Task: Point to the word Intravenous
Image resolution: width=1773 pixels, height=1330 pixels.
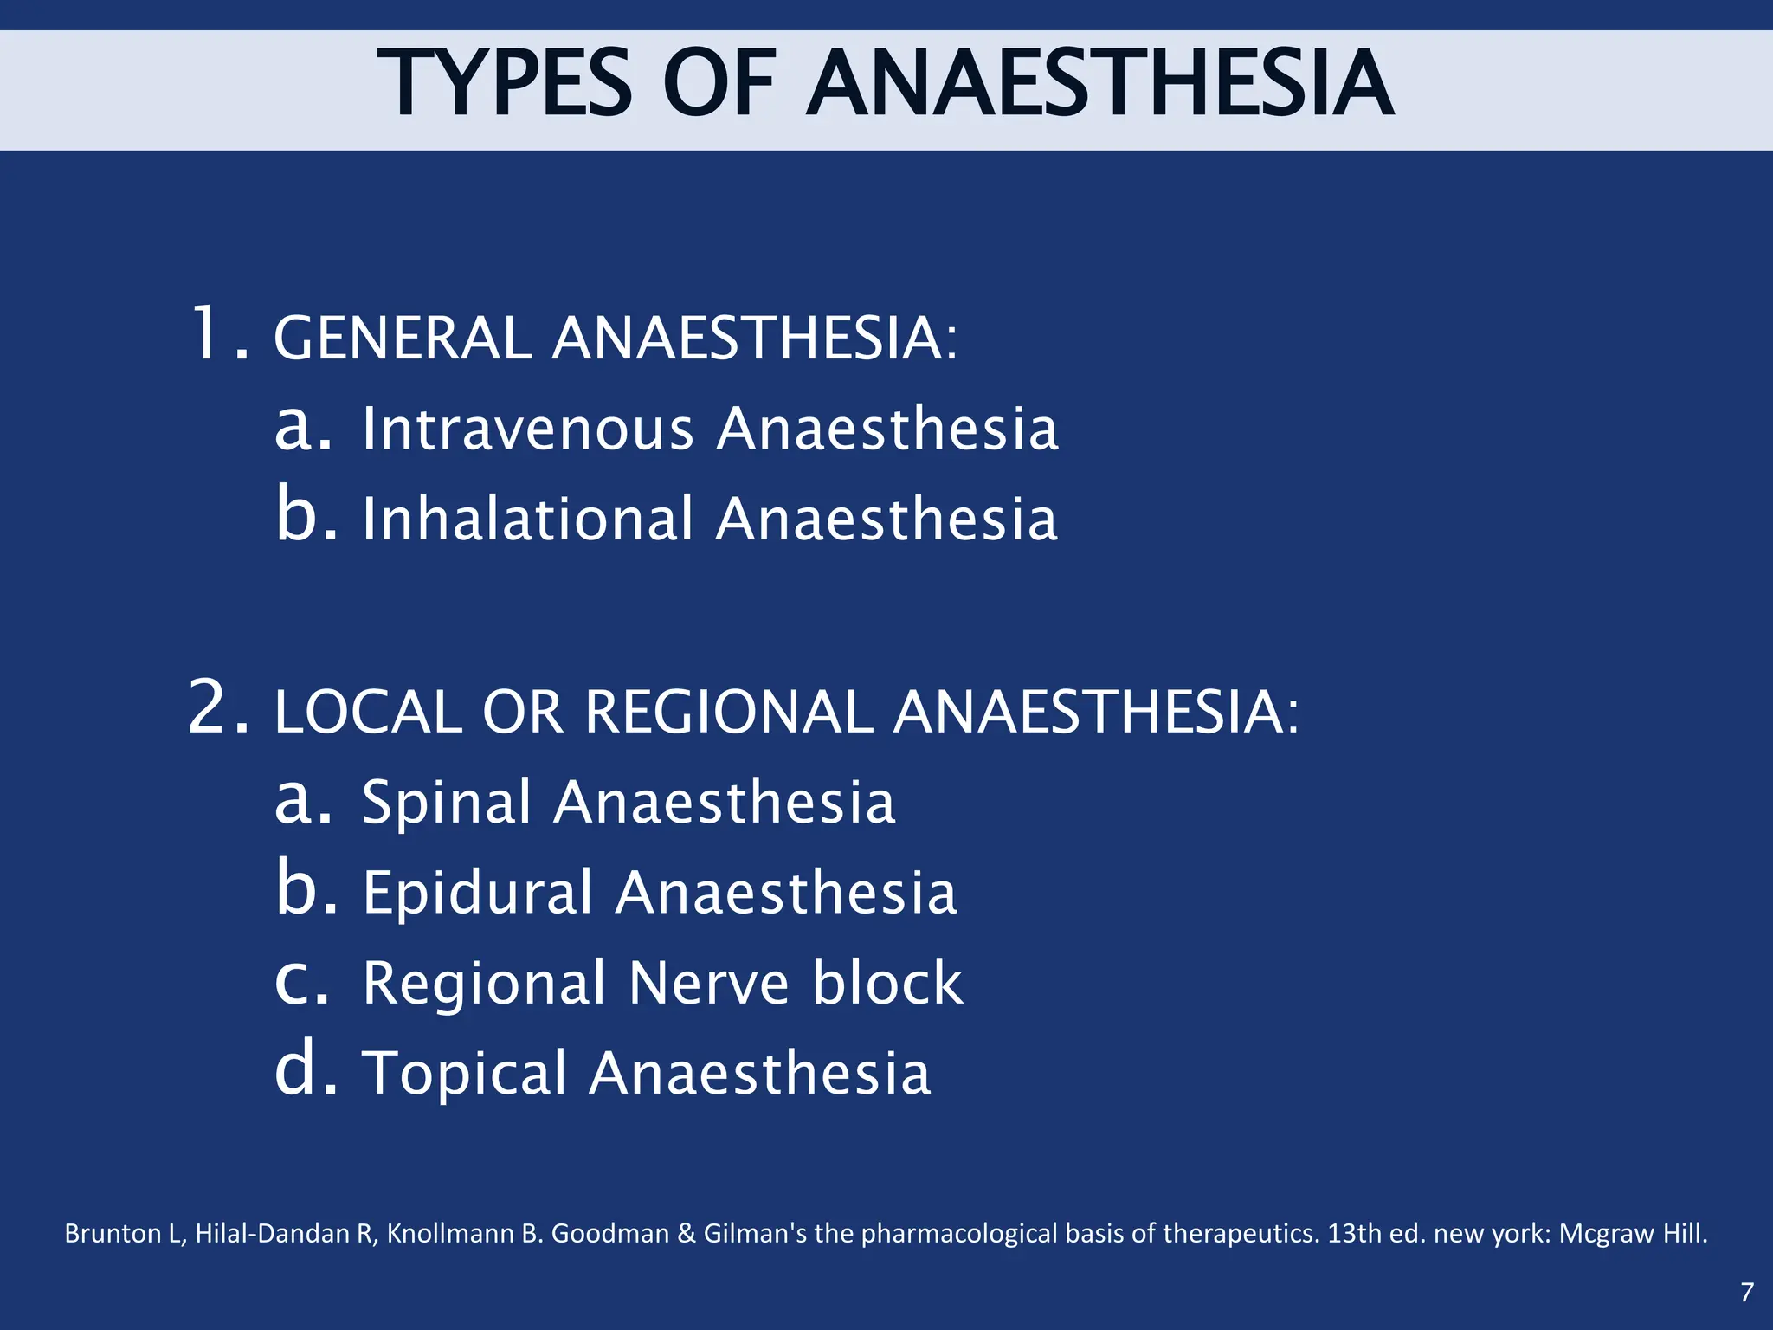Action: coord(528,429)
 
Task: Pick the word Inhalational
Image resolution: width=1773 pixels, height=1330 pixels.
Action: coord(528,520)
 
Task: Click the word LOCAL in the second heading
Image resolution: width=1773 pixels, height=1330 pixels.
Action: coord(368,713)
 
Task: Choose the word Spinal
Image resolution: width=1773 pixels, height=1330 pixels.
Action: coord(446,803)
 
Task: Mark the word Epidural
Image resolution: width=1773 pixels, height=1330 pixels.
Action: coord(477,893)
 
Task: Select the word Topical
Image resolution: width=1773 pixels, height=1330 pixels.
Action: coord(464,1074)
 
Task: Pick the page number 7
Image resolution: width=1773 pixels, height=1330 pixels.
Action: coord(1747,1292)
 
